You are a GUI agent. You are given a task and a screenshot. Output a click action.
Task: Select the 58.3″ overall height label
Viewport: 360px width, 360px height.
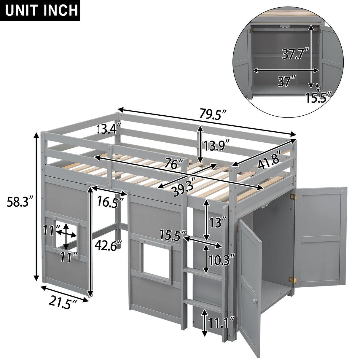(19, 203)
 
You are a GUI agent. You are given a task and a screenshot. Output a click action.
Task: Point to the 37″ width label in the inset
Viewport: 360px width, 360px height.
(286, 81)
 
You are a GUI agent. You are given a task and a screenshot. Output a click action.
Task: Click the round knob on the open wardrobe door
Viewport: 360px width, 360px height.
(254, 301)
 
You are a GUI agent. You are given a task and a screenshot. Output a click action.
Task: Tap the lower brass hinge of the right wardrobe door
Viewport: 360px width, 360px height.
(292, 279)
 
